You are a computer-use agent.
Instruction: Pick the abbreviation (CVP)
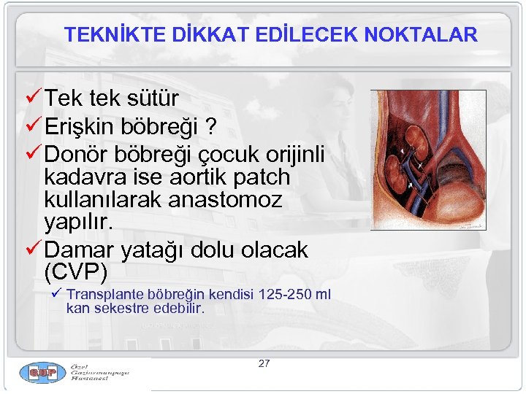75,272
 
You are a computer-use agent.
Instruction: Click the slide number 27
264,363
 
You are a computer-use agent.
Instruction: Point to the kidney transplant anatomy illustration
427,160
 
